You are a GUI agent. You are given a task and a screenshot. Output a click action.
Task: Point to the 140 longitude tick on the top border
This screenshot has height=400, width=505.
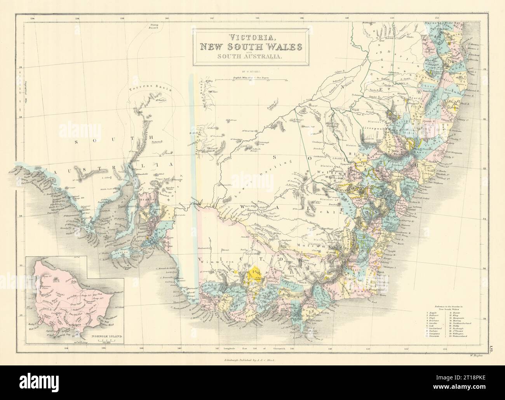(x=167, y=18)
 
